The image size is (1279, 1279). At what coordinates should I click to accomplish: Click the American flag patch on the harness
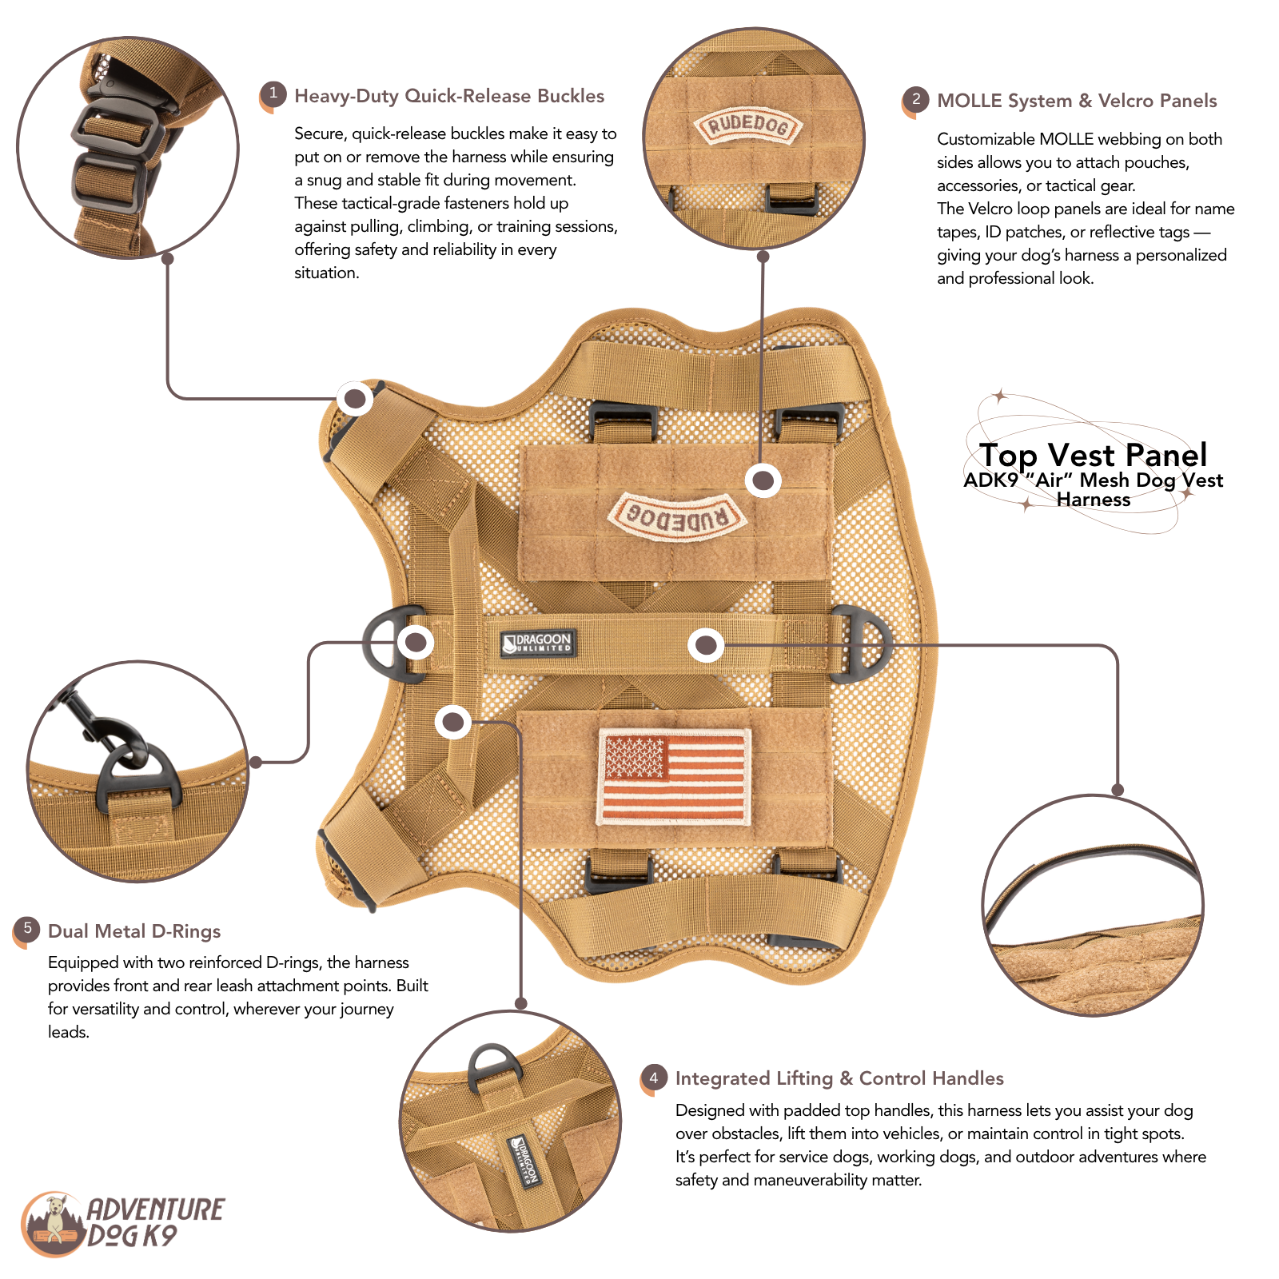coord(674,776)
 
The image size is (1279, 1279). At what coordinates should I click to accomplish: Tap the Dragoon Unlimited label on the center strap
coord(538,643)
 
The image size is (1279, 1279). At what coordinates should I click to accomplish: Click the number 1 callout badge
coord(273,94)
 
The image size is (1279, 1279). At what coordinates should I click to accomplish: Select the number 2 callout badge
coord(915,100)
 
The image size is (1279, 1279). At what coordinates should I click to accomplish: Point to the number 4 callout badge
coord(653,1078)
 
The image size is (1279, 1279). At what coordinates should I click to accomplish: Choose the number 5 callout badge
coord(26,929)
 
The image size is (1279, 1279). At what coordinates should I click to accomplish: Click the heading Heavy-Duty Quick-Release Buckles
coord(449,96)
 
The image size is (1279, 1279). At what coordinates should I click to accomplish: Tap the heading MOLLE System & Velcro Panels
coord(1077,101)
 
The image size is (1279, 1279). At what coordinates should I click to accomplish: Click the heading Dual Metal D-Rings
coord(134,931)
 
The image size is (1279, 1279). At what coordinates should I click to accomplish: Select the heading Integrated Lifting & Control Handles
coord(839,1078)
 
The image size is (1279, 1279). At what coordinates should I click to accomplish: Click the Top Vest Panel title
coord(1094,455)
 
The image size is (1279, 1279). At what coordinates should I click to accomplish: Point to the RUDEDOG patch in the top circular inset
coord(749,126)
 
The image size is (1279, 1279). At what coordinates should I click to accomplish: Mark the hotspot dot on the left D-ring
coord(416,642)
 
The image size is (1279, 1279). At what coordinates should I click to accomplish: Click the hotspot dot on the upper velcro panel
coord(763,480)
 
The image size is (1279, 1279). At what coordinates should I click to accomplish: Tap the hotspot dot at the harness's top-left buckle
coord(355,398)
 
